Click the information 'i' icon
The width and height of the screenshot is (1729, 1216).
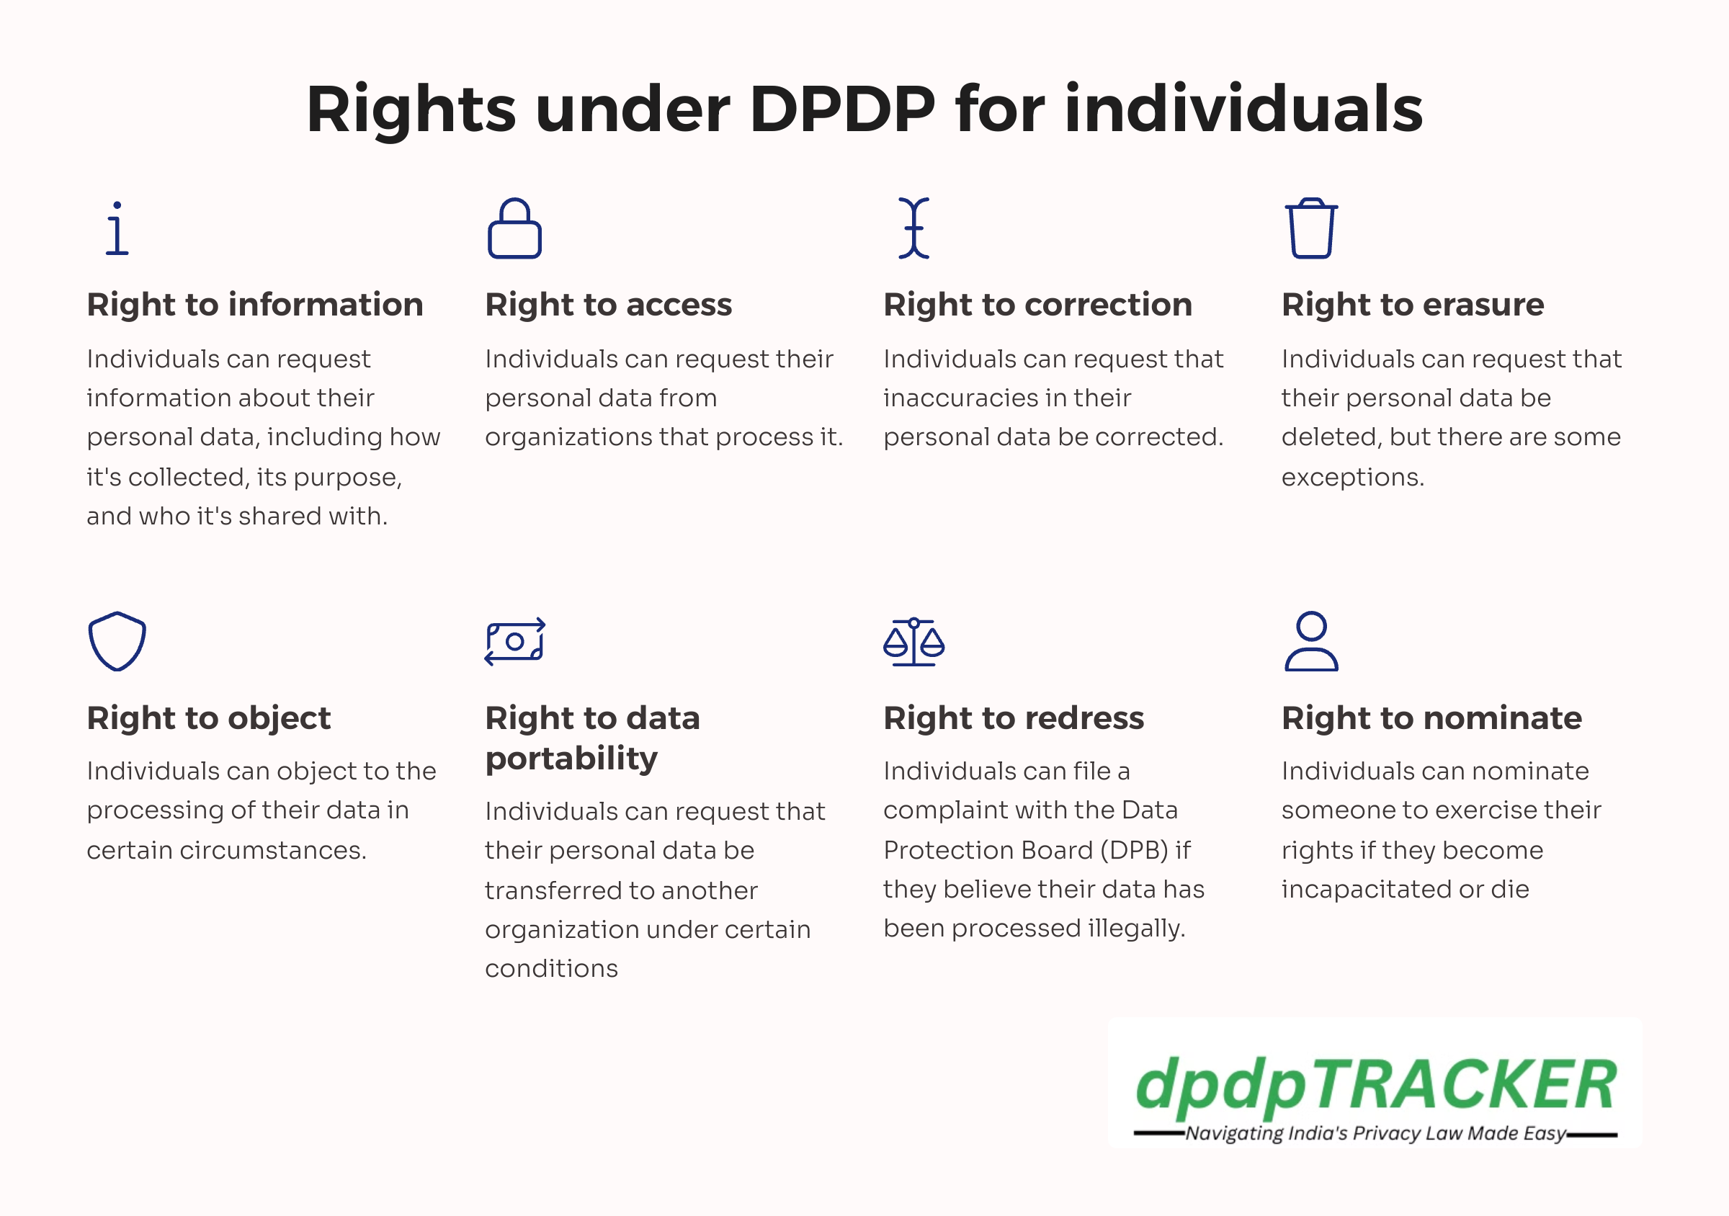pos(117,228)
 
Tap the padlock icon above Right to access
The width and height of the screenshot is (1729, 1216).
pos(514,228)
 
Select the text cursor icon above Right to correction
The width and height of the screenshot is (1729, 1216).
pos(913,228)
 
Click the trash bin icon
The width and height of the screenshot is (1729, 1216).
pos(1311,228)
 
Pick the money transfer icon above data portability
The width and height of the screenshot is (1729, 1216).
pos(515,642)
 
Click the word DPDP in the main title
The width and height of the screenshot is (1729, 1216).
pos(842,110)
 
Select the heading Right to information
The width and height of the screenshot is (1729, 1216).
pos(255,305)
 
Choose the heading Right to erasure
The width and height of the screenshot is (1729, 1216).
pos(1413,305)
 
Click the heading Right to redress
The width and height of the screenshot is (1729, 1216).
pos(1014,717)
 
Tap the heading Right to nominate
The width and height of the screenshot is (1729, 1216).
pos(1431,717)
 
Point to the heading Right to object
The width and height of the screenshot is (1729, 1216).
pos(209,719)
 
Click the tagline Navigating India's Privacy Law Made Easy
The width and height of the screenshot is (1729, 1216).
pos(1375,1134)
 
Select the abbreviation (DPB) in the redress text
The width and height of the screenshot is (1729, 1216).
pos(1135,851)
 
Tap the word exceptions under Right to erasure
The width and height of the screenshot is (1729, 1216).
pos(1352,478)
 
